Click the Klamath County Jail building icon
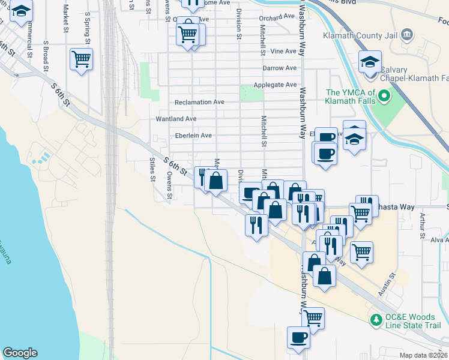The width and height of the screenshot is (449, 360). coord(408,34)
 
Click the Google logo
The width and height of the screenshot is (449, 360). coord(20,353)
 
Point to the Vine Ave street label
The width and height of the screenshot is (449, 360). coord(283,52)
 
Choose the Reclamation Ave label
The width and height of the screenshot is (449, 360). coord(199,102)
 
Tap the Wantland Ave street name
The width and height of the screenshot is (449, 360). coord(176,119)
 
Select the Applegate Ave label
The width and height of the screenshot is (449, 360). coord(275,85)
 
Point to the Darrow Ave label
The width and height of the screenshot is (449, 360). coord(279,68)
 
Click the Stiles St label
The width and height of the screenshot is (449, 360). coord(152,169)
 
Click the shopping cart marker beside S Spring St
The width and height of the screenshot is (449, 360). coord(80,59)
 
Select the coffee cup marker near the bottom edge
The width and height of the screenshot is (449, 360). coord(298,337)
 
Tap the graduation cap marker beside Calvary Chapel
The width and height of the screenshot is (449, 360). coord(370,62)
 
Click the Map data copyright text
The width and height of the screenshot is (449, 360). coord(424,355)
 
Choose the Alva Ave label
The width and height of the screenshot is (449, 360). coord(439,240)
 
